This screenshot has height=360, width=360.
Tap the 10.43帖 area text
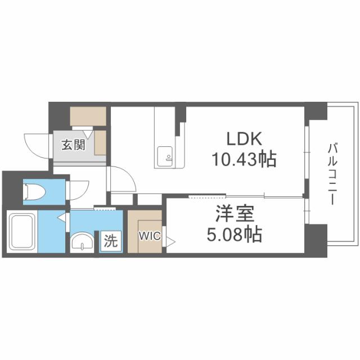click(x=243, y=160)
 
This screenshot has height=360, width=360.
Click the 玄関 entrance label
click(x=73, y=145)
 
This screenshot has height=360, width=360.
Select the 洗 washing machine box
click(x=111, y=241)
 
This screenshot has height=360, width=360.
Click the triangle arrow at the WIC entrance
click(x=169, y=240)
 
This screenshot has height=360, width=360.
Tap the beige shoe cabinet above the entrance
click(x=88, y=115)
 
